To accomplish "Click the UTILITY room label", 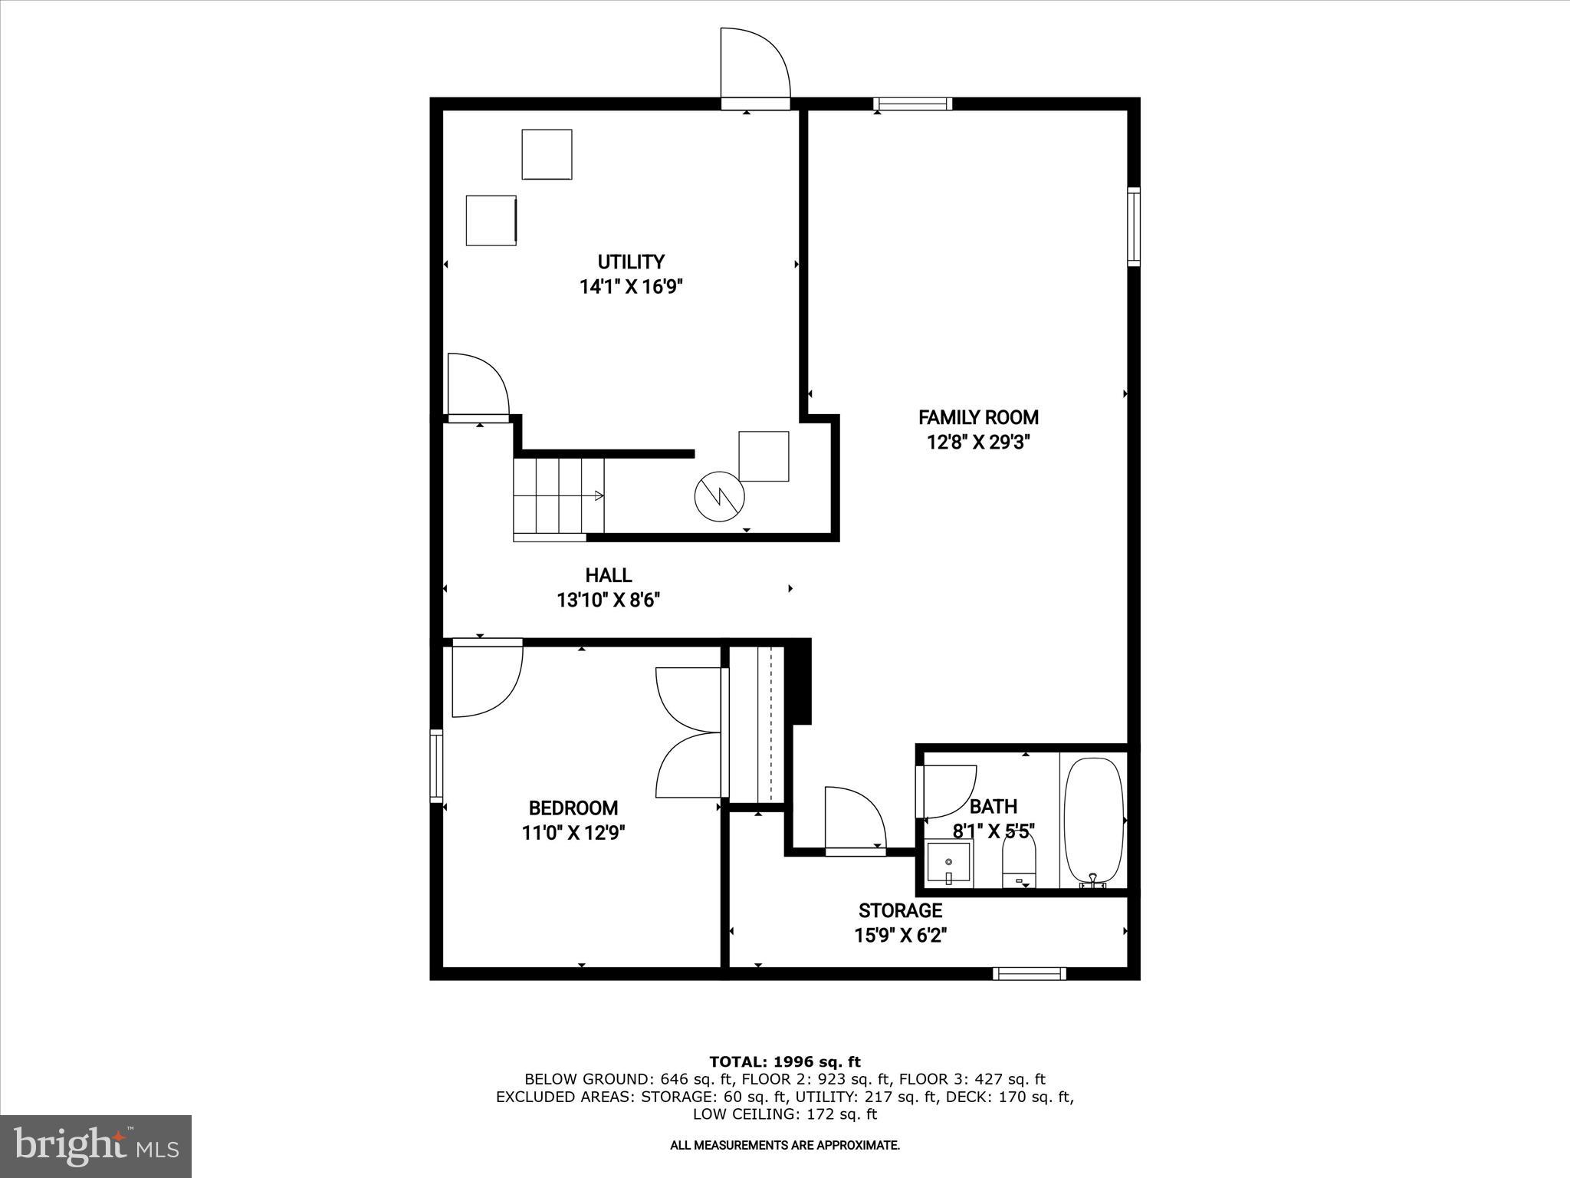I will tap(631, 262).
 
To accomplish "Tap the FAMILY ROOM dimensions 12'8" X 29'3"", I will tap(978, 443).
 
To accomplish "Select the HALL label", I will tap(609, 575).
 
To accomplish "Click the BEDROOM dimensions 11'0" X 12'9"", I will tap(574, 833).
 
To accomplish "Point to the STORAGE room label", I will tap(900, 910).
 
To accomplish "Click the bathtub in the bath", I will tap(1094, 821).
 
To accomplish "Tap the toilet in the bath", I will tap(1019, 863).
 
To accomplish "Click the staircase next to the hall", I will tap(559, 495).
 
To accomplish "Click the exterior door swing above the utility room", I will tap(754, 65).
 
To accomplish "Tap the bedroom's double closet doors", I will tap(688, 732).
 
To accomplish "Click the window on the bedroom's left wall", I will tap(436, 766).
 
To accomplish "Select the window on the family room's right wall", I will tap(1133, 226).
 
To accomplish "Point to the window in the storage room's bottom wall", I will tap(1030, 974).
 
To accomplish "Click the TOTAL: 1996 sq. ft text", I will tap(785, 1061).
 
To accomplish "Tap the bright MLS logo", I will tap(96, 1146).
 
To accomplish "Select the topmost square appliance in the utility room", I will tap(547, 154).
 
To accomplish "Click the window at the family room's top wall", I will tap(912, 104).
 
